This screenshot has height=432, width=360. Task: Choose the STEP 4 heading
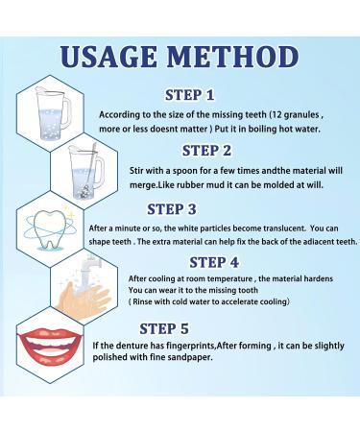[221, 261]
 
